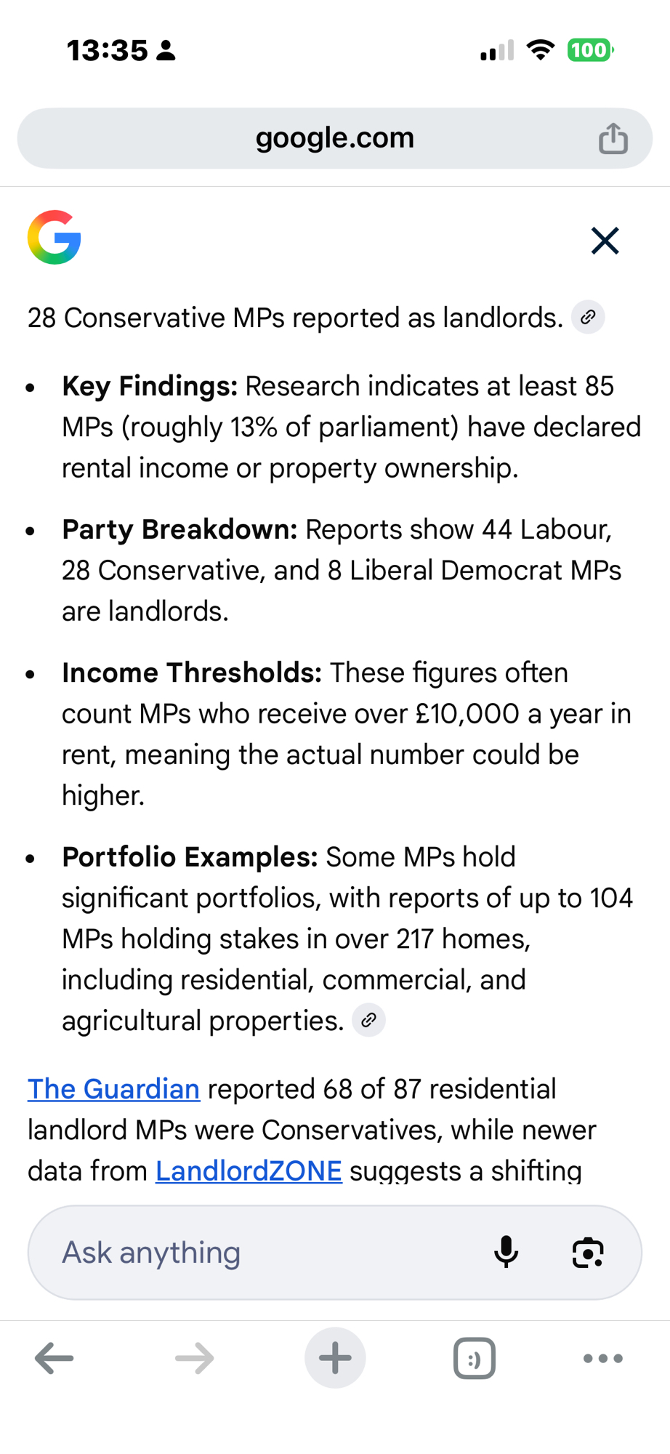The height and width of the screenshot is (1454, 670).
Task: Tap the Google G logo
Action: (55, 238)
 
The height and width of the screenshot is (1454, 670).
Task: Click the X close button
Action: (605, 241)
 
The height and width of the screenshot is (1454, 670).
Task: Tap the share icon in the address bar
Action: (613, 138)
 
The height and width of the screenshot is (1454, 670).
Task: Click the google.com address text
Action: (334, 138)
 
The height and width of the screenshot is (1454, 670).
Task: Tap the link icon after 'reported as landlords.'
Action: (588, 317)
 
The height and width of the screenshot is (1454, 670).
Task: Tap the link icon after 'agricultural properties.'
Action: (368, 1020)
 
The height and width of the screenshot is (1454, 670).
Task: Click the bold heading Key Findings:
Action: (150, 386)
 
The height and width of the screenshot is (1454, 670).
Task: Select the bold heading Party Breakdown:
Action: (179, 529)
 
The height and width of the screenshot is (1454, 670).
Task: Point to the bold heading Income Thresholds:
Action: (192, 672)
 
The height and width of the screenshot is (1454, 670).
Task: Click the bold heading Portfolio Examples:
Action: (190, 857)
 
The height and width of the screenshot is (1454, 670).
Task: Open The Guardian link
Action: (113, 1089)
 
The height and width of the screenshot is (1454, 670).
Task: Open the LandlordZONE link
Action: (249, 1170)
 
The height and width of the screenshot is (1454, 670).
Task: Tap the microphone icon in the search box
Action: (506, 1252)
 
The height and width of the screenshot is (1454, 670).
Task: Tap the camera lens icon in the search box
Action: (587, 1252)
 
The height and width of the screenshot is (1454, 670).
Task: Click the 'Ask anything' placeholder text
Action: (151, 1252)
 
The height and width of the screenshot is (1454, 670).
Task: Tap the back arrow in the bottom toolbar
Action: (55, 1357)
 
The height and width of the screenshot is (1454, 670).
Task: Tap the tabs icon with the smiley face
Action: (475, 1357)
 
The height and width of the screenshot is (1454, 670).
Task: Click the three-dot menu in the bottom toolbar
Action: (603, 1357)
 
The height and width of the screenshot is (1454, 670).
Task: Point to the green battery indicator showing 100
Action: (589, 50)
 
